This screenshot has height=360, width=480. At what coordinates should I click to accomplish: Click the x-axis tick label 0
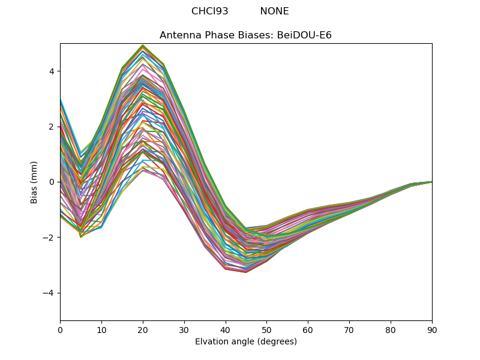click(x=60, y=329)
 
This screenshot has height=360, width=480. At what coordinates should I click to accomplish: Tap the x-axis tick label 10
click(x=101, y=329)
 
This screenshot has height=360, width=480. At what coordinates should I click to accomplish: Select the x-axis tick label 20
click(x=143, y=329)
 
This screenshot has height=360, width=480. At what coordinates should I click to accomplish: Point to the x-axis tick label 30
click(x=184, y=329)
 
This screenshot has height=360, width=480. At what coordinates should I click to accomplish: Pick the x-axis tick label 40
click(x=226, y=329)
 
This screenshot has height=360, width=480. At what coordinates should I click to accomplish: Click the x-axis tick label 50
click(x=266, y=329)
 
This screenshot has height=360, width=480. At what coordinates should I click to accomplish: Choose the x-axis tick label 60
click(x=308, y=329)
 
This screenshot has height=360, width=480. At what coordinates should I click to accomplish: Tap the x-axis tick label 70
click(x=349, y=329)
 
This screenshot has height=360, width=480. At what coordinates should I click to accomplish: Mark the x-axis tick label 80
click(x=391, y=329)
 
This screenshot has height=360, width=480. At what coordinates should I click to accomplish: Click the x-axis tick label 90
click(x=432, y=329)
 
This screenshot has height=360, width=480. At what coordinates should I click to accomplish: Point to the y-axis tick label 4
click(x=52, y=71)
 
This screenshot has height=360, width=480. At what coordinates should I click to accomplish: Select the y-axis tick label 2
click(x=52, y=127)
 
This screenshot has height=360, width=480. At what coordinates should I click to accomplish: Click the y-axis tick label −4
click(x=49, y=293)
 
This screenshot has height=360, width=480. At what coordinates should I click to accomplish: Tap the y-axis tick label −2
click(x=49, y=238)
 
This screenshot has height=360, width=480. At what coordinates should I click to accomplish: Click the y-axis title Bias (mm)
click(x=35, y=182)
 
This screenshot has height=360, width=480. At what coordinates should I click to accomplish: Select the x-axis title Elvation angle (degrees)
click(x=246, y=341)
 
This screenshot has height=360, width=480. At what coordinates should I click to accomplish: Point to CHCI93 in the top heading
click(x=210, y=11)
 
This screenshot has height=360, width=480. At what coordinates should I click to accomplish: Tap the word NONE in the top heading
click(x=274, y=11)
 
